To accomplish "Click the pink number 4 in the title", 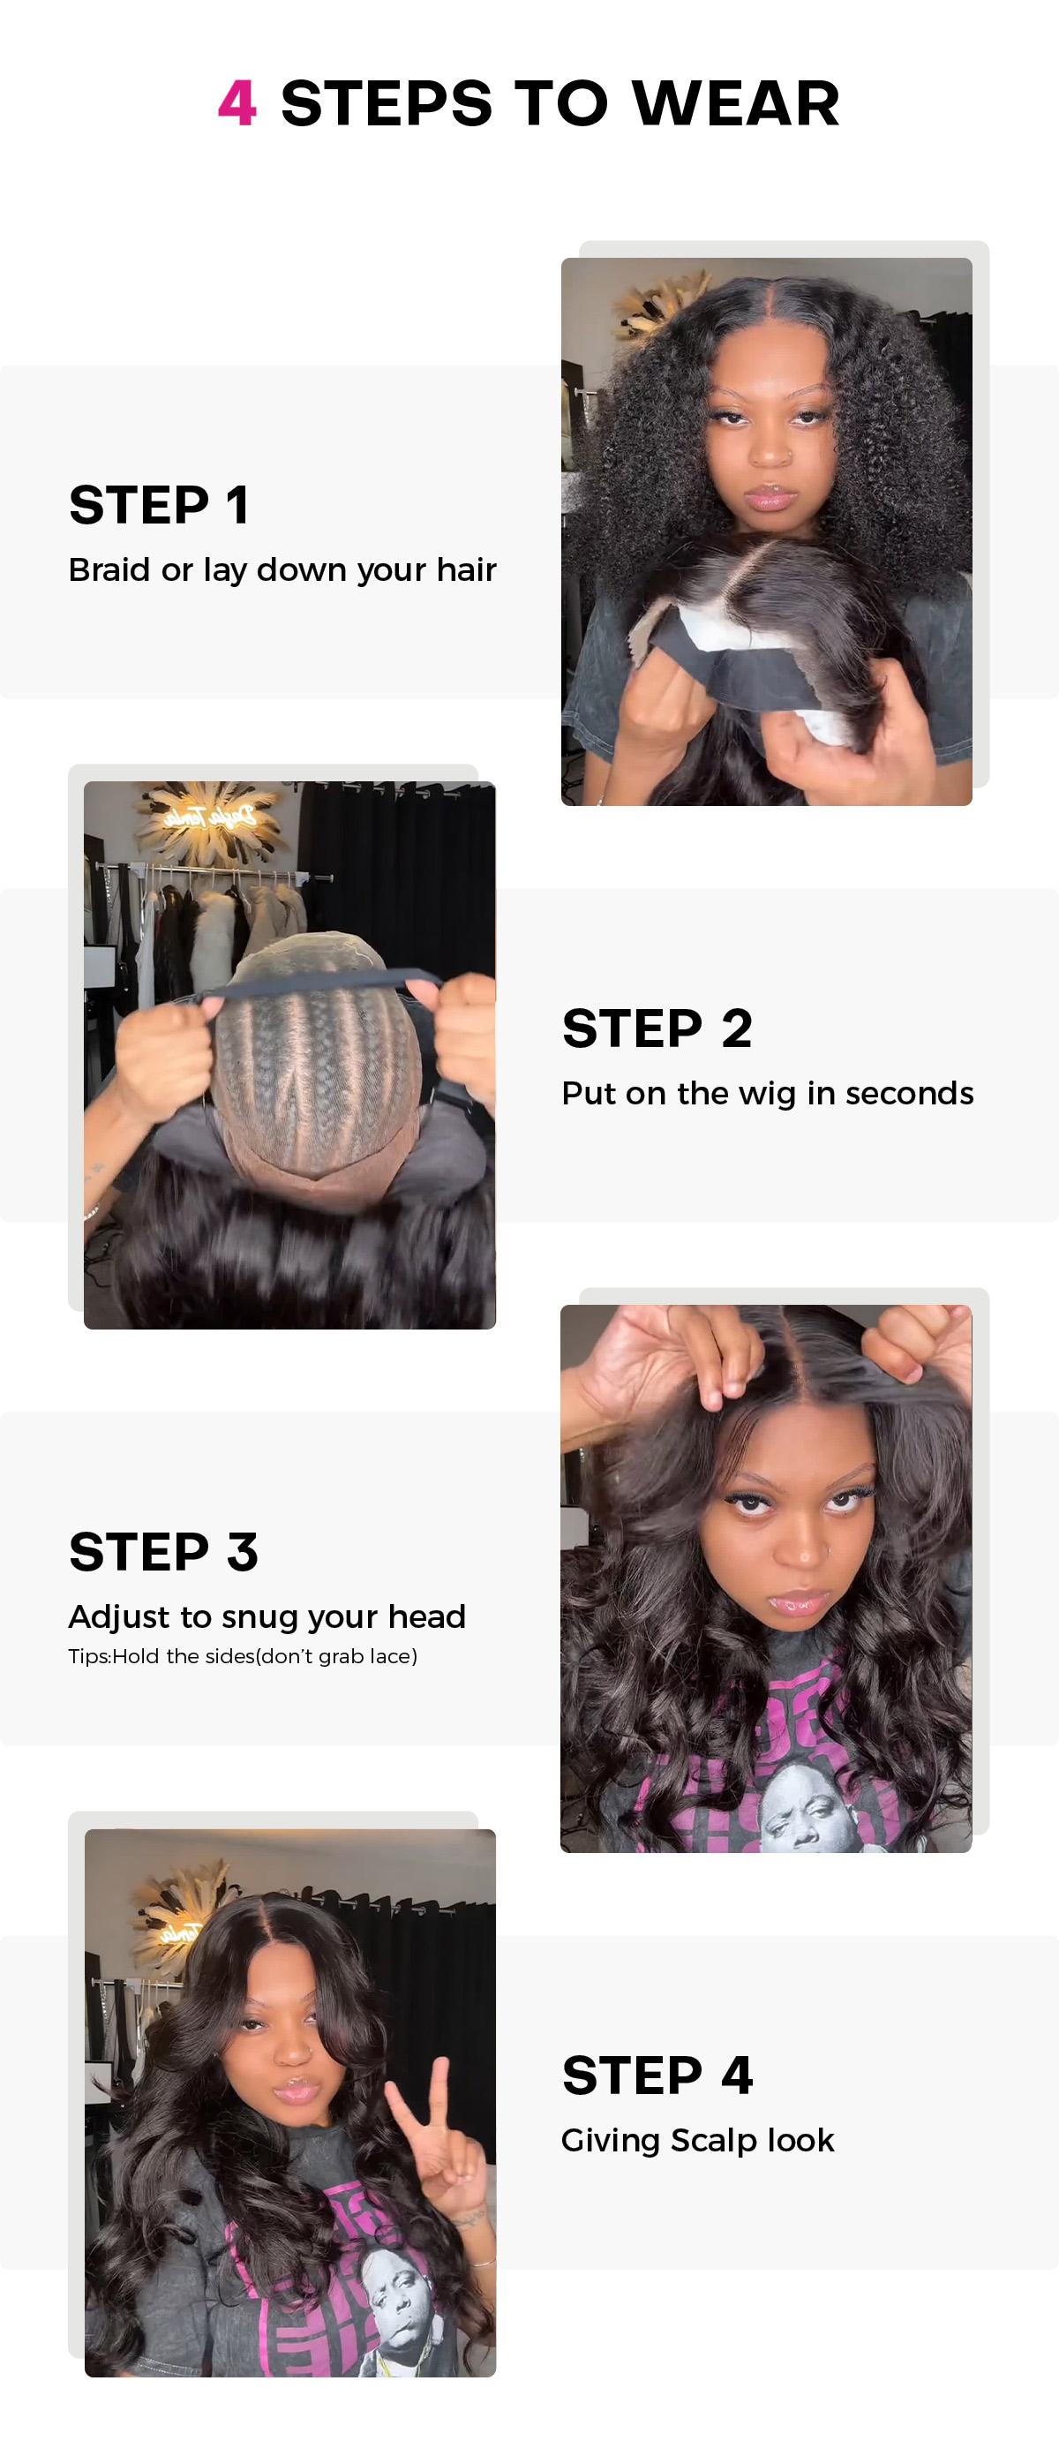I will click(x=237, y=103).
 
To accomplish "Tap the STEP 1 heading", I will click(x=159, y=504).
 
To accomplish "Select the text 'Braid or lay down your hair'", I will click(x=282, y=569).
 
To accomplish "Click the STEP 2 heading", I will click(x=657, y=1028).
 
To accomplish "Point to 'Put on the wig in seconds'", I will click(x=767, y=1093).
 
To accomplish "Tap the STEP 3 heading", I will click(x=163, y=1551).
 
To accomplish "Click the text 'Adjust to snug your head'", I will click(x=267, y=1616).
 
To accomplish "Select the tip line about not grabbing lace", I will click(x=242, y=1656).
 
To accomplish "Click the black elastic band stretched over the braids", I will click(x=314, y=985).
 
